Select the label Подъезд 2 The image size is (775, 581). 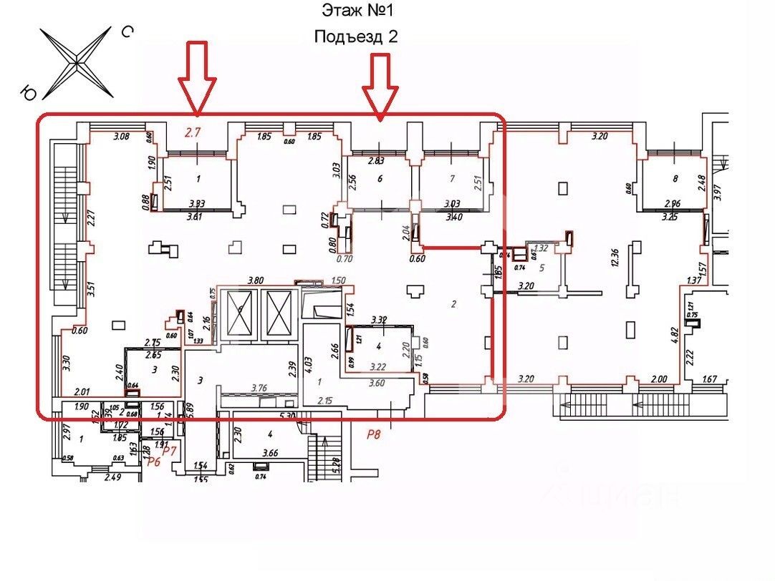(355, 37)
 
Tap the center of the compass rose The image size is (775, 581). (77, 62)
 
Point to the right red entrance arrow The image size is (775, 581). (380, 84)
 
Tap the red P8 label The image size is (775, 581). (373, 434)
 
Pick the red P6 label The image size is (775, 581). (154, 462)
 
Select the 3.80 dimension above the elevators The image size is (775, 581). (256, 280)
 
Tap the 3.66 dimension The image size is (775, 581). (270, 452)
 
